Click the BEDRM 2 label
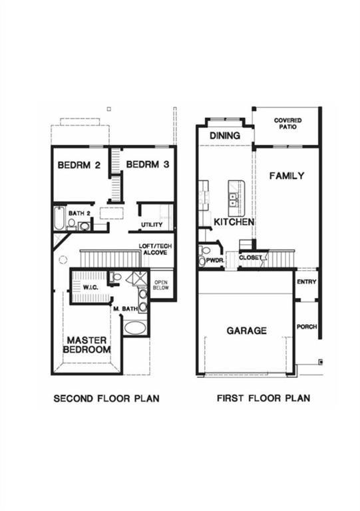pos(79,165)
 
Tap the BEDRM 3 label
pos(146,165)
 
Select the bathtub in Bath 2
pos(59,219)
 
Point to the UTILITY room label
pos(152,225)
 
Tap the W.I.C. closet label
pos(90,287)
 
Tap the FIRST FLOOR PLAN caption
pos(264,399)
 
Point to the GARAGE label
pos(246,330)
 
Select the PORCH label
pos(307,327)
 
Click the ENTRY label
pos(307,281)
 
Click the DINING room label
pos(224,136)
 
